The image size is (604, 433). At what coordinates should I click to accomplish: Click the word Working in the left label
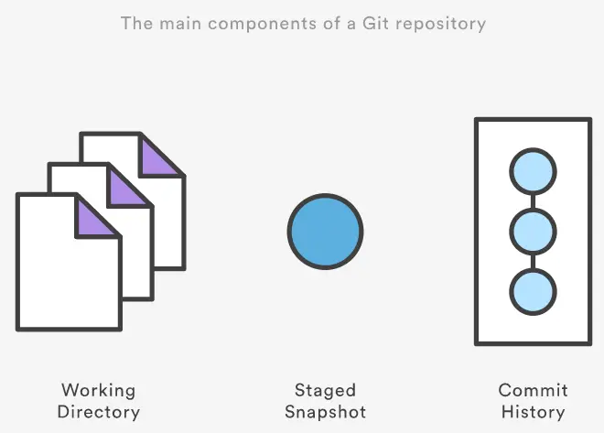[99, 391]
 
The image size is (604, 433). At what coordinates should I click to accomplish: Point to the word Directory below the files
[99, 412]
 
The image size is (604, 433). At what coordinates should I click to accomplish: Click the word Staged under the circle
[325, 391]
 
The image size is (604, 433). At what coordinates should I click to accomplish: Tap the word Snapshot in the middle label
[325, 412]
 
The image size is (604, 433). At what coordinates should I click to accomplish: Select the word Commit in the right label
[533, 391]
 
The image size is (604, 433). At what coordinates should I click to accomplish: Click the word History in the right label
[533, 412]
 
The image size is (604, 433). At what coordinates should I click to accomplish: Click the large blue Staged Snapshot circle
[325, 232]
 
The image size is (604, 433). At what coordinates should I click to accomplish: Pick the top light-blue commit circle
[533, 173]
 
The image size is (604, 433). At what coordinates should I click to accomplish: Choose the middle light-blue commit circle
[533, 232]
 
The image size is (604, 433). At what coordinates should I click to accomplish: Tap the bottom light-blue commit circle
[533, 290]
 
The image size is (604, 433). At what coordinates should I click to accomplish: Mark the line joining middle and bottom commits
[533, 261]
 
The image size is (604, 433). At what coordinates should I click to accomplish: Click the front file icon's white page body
[64, 275]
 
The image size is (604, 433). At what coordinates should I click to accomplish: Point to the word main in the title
[177, 22]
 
